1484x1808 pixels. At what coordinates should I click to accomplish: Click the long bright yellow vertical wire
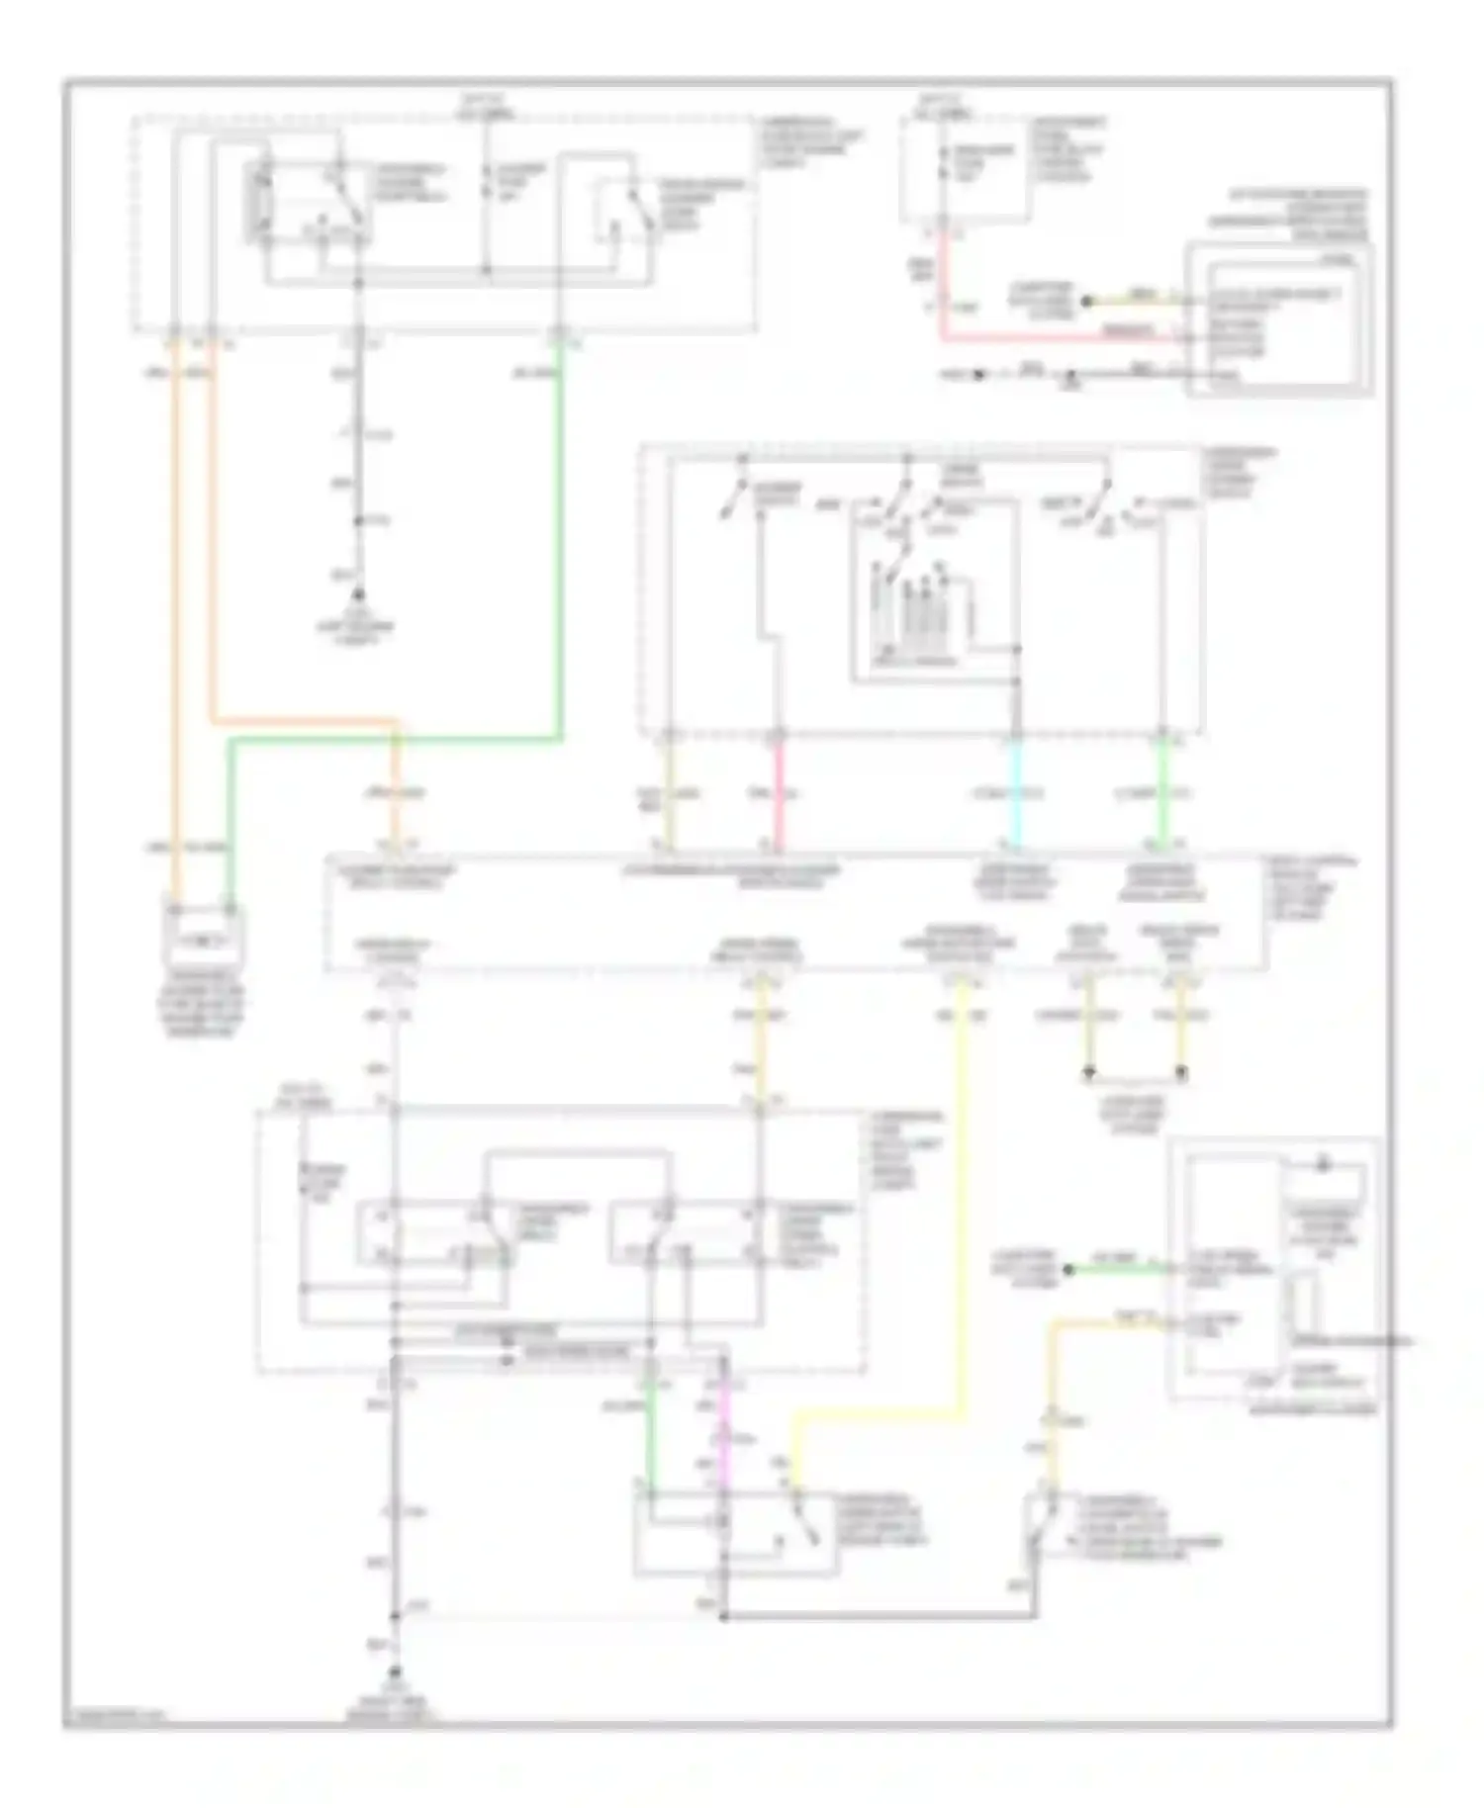[962, 1187]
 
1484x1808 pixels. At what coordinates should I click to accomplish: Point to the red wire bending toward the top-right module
[945, 297]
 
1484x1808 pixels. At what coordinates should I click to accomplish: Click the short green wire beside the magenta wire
[650, 1434]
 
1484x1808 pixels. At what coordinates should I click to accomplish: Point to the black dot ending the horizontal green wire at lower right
[1069, 1269]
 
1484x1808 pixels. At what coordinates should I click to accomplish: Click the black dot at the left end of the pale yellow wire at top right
[1085, 301]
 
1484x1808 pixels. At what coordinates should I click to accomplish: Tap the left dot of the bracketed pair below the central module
[1088, 1071]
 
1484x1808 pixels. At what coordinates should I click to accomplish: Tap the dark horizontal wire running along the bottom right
[881, 1616]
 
